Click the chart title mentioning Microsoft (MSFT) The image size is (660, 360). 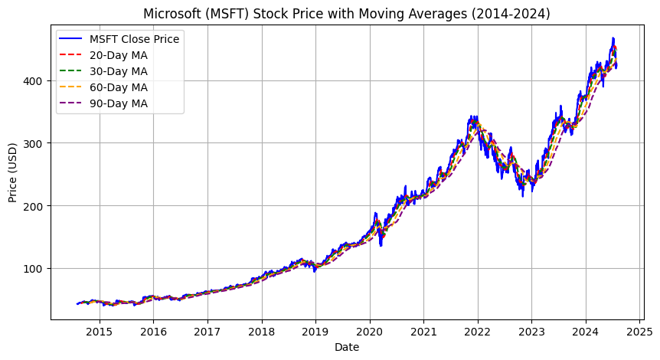pos(345,13)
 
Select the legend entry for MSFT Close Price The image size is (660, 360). pos(135,39)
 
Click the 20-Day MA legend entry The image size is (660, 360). pos(118,55)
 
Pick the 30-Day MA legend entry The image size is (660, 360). pos(118,71)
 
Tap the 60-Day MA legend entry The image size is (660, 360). pos(118,87)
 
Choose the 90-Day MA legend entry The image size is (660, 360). pos(118,103)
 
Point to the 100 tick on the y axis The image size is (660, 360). pos(35,269)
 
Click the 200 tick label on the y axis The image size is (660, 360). pos(35,206)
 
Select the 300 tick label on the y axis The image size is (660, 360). pos(35,143)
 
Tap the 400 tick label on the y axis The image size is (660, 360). pos(35,80)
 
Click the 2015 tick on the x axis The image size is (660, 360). pos(100,332)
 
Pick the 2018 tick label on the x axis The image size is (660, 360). pos(262,332)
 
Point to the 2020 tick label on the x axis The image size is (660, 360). pos(370,332)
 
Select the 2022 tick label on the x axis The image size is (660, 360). pos(478,332)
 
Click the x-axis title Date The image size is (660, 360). pos(346,347)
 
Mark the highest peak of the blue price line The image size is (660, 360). pos(613,38)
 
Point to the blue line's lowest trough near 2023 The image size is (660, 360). pos(523,196)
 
